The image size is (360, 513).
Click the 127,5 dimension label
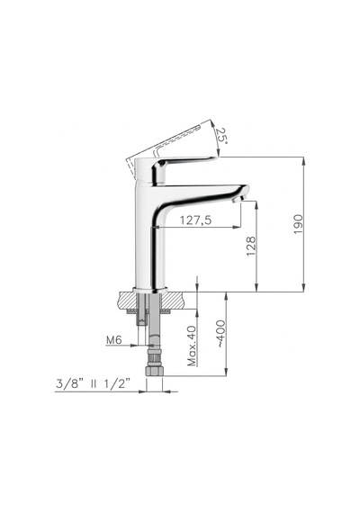[x=195, y=220]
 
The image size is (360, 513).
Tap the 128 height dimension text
[x=251, y=246]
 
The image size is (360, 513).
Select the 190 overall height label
[x=298, y=224]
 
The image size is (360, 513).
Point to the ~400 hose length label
[x=221, y=334]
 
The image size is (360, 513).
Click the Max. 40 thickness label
[x=192, y=346]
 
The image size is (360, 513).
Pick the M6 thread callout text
[x=114, y=340]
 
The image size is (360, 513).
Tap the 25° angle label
[x=220, y=134]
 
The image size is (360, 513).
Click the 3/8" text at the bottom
[x=69, y=383]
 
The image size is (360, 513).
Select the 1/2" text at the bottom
[x=117, y=383]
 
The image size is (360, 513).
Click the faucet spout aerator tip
[x=238, y=199]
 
